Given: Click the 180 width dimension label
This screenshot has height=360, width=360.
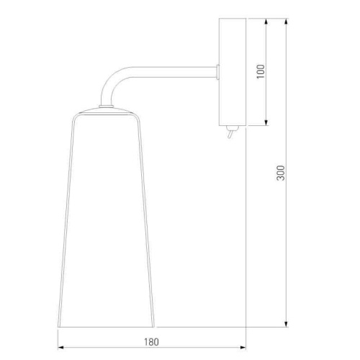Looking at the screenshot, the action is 151,342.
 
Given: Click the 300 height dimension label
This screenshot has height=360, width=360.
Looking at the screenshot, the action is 281,173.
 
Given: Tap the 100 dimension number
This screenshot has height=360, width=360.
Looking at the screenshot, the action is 261,71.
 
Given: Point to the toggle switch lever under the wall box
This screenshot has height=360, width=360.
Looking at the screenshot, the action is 230,135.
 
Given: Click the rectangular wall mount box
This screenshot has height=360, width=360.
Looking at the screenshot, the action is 233,72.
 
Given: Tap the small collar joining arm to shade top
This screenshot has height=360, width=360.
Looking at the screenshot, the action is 107,106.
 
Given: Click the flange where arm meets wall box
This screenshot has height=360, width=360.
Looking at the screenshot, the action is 217,72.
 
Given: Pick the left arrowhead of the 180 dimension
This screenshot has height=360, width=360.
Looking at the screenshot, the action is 61,347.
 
